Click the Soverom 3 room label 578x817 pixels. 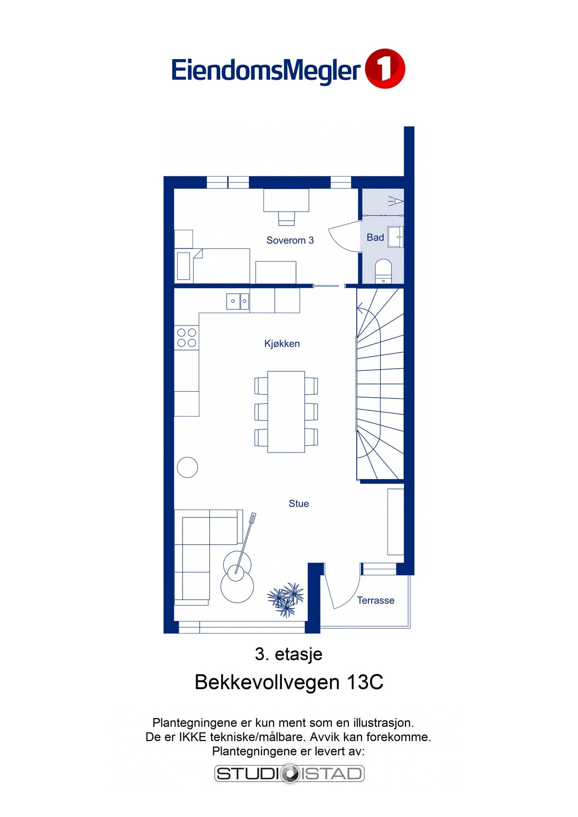tap(290, 240)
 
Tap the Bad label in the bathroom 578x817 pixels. tap(375, 237)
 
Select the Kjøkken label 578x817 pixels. tap(282, 344)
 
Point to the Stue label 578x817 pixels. tap(298, 503)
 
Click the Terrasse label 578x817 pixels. tap(375, 600)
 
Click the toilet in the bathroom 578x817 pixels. tap(383, 271)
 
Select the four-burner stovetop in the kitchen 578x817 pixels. tap(187, 338)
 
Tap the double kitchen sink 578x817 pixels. tap(237, 301)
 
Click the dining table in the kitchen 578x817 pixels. tap(286, 412)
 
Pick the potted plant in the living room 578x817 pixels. tap(286, 600)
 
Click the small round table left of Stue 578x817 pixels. tap(187, 467)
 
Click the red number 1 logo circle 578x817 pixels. tap(385, 69)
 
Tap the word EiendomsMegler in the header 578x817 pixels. tap(266, 71)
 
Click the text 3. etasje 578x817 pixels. tap(289, 654)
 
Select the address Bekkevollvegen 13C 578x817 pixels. tap(289, 682)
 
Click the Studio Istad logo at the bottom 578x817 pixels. tap(289, 773)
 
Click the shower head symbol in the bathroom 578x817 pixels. tap(396, 201)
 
